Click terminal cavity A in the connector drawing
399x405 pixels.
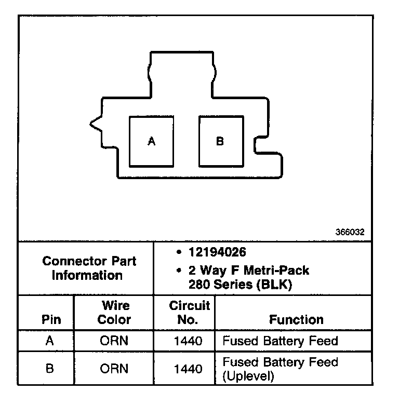click(x=151, y=141)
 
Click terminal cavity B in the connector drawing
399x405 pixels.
click(x=220, y=141)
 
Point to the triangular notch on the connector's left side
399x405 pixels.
click(x=95, y=124)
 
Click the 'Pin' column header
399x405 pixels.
click(x=50, y=320)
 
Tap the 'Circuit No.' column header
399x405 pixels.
click(x=189, y=312)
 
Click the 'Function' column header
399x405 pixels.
click(x=296, y=320)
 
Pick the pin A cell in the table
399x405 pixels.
click(x=50, y=341)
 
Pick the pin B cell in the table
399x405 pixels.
click(x=50, y=369)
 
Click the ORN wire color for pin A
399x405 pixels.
click(x=114, y=341)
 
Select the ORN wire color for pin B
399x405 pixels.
click(x=114, y=369)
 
